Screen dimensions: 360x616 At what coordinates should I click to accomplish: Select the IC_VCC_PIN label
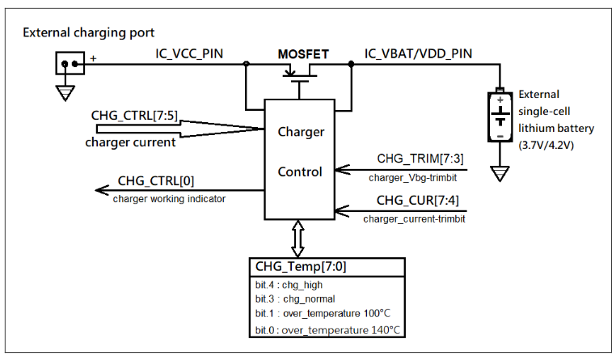tap(189, 54)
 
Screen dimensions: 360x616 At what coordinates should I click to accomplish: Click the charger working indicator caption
tap(169, 198)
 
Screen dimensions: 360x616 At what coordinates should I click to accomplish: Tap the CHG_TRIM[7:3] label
tap(420, 158)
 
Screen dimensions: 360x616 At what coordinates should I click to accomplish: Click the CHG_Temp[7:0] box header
tap(302, 266)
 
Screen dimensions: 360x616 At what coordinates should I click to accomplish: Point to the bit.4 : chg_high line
tap(286, 285)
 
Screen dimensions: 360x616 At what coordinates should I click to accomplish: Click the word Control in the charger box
tap(300, 172)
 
